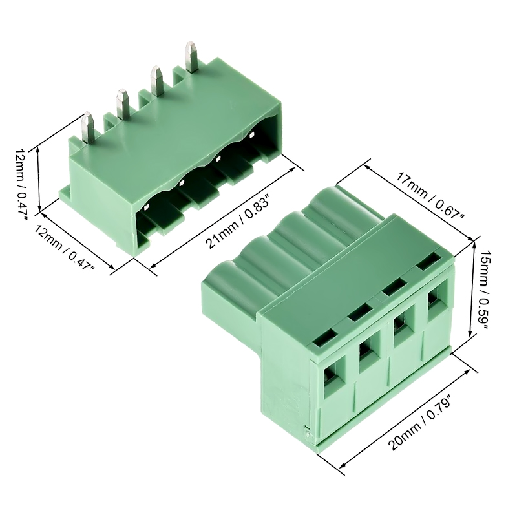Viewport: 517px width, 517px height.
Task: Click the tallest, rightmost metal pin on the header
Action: [191, 56]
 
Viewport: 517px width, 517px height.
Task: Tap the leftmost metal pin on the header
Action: [88, 127]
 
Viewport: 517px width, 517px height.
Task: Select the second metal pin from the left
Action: [122, 104]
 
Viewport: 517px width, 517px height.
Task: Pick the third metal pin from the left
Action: [157, 81]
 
